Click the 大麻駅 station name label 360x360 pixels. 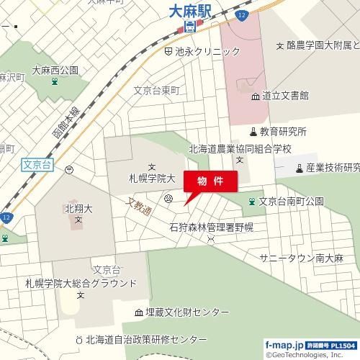190,12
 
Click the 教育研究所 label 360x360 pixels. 283,132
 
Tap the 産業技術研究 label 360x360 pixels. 332,168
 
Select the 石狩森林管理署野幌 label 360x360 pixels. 211,228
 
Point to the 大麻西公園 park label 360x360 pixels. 54,71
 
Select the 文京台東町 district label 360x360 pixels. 156,91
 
